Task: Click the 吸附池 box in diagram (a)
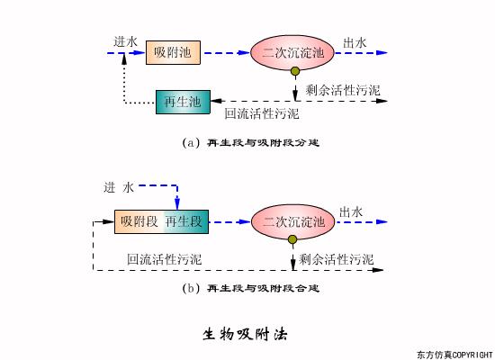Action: (173, 54)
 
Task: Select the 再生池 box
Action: (183, 103)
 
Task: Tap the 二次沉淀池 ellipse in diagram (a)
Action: (292, 54)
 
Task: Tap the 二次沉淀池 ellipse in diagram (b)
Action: (293, 222)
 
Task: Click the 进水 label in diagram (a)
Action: (126, 41)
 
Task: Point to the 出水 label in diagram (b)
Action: (352, 211)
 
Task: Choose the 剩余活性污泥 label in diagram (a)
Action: (343, 90)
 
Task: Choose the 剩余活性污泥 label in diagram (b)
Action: (337, 259)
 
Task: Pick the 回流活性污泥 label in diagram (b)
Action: (164, 259)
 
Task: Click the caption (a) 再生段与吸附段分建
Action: (251, 142)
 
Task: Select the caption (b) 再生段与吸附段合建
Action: (251, 289)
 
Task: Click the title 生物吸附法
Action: (244, 334)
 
